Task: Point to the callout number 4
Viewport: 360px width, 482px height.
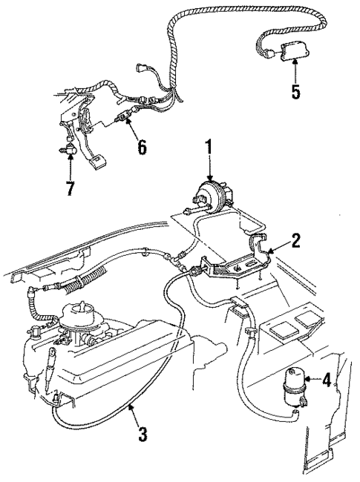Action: pyautogui.click(x=326, y=381)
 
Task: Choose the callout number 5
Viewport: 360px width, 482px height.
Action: pyautogui.click(x=296, y=93)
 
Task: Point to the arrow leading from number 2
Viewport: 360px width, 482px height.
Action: pyautogui.click(x=276, y=248)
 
